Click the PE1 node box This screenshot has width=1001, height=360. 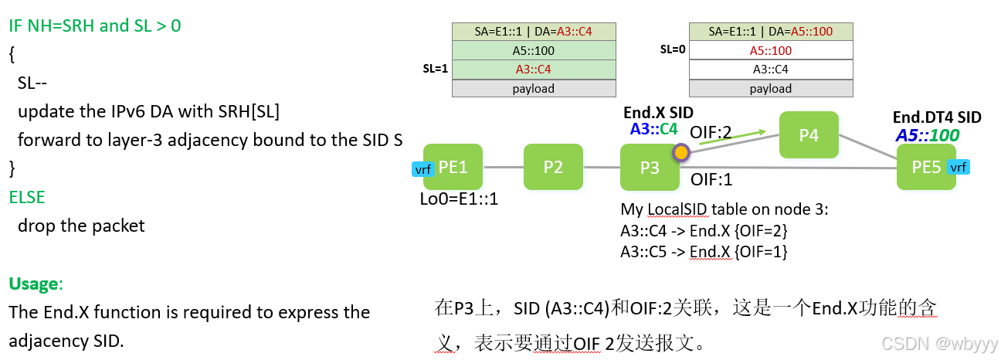point(453,167)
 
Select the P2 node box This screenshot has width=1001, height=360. point(553,167)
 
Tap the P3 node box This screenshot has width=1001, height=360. point(650,167)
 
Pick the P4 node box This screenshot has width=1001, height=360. point(808,135)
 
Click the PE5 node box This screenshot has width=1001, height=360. point(925,167)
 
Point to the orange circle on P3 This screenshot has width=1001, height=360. point(680,153)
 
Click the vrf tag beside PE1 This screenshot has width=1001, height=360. point(422,170)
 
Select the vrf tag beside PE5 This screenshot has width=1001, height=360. point(958,168)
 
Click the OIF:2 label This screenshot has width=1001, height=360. point(710,133)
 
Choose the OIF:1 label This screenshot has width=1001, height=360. point(711,179)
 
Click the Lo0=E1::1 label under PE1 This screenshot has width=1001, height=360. point(459,199)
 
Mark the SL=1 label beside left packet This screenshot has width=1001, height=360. point(435,69)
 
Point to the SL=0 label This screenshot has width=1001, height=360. point(673,49)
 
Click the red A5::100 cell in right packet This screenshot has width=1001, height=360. point(770,51)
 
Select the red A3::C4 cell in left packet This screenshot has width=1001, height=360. point(533,70)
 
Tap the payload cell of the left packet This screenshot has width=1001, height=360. point(533,88)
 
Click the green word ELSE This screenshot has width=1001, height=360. point(27,197)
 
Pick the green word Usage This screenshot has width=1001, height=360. point(33,284)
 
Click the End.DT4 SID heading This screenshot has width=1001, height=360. point(936,117)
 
